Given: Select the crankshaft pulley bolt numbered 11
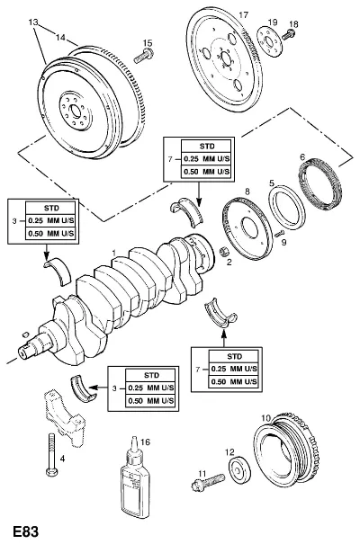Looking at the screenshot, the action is [207, 481].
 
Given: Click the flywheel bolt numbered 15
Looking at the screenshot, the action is [144, 57].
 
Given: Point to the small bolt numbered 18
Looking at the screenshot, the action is [288, 35].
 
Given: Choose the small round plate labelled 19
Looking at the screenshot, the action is [270, 42].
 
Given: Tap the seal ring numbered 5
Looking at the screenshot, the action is [287, 208].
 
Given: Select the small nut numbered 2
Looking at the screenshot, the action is [223, 251].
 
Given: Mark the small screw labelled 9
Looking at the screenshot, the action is [279, 233].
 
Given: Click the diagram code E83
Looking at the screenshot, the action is [25, 531].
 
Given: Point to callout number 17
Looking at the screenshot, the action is [244, 15].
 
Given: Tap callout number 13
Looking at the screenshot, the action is [33, 22].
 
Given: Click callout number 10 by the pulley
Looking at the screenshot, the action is [265, 419].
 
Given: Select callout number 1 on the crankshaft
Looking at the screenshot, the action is [113, 253].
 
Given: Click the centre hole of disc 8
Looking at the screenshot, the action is [250, 227].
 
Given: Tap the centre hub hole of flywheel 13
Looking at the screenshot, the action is [76, 111].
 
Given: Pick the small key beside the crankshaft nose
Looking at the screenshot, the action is [24, 334].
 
